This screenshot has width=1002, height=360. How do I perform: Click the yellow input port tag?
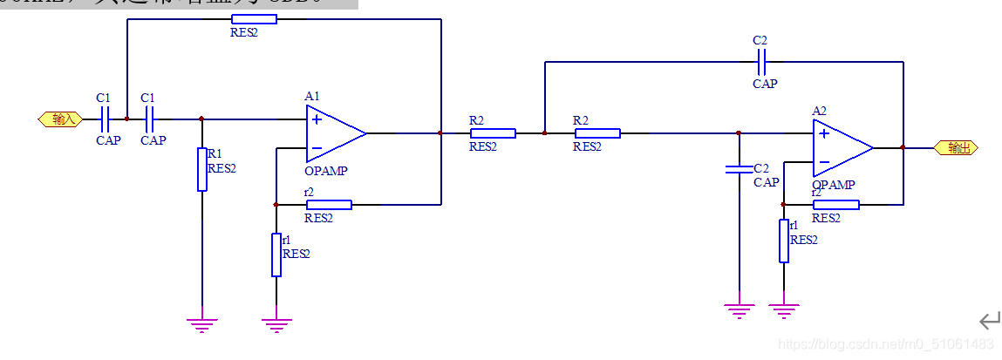coord(60,119)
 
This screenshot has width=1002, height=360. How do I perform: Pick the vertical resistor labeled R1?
coord(201,169)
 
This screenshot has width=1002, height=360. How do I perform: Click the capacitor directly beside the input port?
coord(105,119)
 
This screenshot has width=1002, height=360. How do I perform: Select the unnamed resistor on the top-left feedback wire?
coord(255,19)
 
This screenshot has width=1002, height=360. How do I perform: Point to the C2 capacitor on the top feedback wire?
coord(761,62)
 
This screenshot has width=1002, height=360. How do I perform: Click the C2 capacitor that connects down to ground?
coord(739,167)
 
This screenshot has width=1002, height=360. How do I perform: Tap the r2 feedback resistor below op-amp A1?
coord(329,205)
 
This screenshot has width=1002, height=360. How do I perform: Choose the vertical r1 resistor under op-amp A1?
coord(276,255)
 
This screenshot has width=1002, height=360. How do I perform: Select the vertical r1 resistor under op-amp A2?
coord(783,240)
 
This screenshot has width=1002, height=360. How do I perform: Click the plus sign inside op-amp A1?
coord(317,119)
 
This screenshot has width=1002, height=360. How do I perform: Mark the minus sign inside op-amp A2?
coord(823,162)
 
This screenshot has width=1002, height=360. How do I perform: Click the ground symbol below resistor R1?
coord(201,324)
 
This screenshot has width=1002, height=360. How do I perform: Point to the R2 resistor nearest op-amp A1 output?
coord(493,133)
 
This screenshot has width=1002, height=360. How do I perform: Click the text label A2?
coord(819,111)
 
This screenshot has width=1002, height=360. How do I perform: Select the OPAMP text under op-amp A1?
coord(326,171)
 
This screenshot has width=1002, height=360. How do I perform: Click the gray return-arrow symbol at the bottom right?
coord(989,320)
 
